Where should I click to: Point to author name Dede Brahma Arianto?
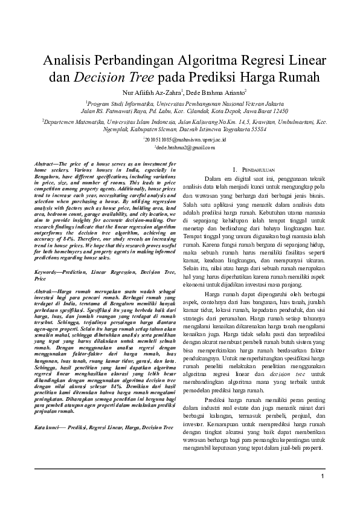(x=215, y=92)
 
